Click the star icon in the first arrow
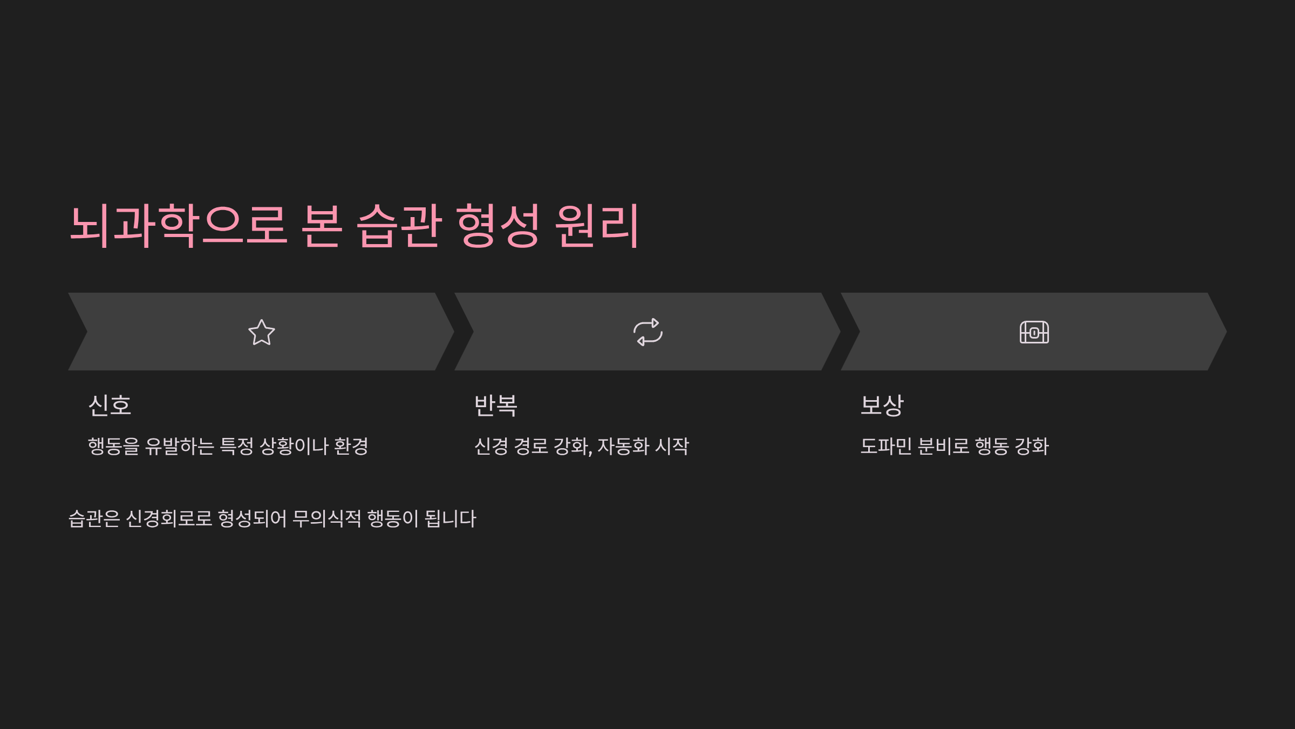click(x=262, y=332)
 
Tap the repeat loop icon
click(x=647, y=332)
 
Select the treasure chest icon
click(x=1034, y=332)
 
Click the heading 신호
click(x=110, y=405)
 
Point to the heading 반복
click(x=496, y=405)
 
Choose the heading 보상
click(x=882, y=405)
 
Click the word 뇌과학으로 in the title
click(x=178, y=226)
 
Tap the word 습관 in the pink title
click(x=399, y=226)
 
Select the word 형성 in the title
click(x=497, y=226)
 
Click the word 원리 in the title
click(x=597, y=226)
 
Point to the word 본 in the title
click(x=322, y=226)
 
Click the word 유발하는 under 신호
click(x=180, y=446)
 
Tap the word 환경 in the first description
click(x=351, y=446)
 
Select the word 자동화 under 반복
click(x=623, y=446)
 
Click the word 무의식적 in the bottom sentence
click(x=326, y=518)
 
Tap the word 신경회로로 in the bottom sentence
click(x=169, y=518)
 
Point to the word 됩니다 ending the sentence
click(x=451, y=518)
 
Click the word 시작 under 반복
click(x=672, y=446)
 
